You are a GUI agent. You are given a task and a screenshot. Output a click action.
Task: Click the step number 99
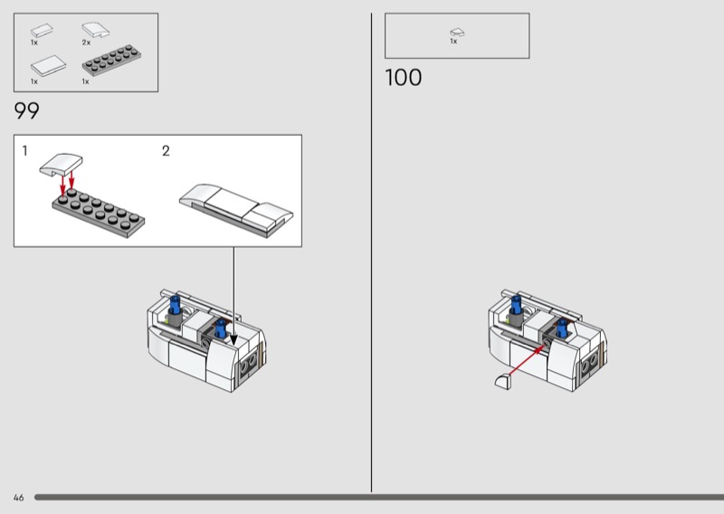pos(27,110)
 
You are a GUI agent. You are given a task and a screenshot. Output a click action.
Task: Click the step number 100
pos(403,77)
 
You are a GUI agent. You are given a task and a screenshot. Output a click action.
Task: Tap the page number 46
pos(18,498)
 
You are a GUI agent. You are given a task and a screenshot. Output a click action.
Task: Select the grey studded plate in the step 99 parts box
pos(111,61)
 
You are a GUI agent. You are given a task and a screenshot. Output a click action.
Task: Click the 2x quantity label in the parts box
pos(86,43)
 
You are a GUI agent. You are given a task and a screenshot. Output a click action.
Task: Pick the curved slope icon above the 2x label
pos(96,31)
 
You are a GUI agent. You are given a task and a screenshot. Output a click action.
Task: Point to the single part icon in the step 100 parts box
pos(457,33)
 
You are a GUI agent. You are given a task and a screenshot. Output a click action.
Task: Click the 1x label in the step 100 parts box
pos(453,41)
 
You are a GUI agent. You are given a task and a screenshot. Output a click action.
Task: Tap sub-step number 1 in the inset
pos(25,151)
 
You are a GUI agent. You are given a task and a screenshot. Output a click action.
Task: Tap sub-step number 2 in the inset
pos(166,151)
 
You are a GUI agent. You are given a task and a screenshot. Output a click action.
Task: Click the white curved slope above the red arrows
pos(61,165)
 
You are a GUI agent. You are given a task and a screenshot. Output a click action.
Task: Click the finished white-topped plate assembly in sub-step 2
pos(236,210)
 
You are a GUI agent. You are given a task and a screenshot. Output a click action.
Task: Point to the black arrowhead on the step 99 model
pos(233,339)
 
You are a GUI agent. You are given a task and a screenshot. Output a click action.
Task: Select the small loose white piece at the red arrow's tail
pos(503,382)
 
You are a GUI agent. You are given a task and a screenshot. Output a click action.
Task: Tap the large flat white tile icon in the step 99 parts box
pos(48,65)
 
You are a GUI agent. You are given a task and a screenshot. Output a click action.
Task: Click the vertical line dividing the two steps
pos(371,252)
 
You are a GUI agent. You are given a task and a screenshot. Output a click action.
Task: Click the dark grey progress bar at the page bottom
pos(379,498)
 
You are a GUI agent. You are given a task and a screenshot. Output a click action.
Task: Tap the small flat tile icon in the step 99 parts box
pos(42,31)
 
